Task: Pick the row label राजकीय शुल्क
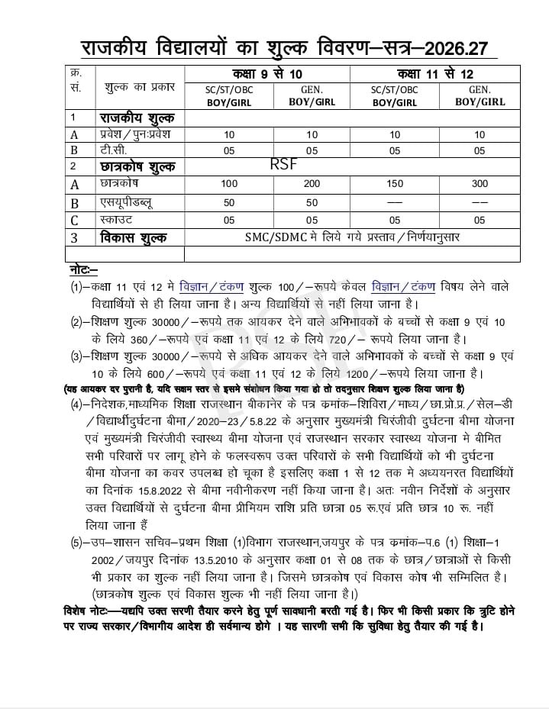(x=137, y=118)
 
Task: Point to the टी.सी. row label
(x=114, y=150)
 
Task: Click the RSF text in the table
(x=283, y=163)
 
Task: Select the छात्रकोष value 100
(x=229, y=184)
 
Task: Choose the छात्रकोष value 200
(x=312, y=184)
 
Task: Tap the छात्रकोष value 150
(x=395, y=184)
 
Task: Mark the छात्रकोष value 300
(x=480, y=184)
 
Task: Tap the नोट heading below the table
(x=83, y=270)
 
